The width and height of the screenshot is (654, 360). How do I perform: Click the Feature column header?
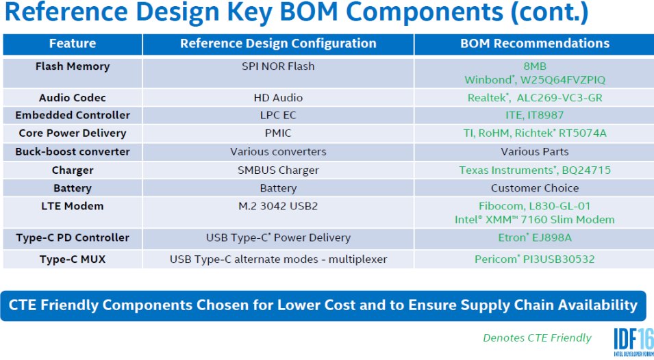pos(73,43)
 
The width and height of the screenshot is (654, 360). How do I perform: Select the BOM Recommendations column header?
pos(535,43)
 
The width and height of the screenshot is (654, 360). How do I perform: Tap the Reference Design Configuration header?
pos(278,43)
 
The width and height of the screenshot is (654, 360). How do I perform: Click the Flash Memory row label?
pos(73,66)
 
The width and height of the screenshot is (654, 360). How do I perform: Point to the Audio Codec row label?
pos(73,97)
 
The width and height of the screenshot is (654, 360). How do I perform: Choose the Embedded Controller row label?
pos(73,115)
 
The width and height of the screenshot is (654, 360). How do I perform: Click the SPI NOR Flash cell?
pos(278,66)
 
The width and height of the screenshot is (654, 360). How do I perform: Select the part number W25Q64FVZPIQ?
pos(563,79)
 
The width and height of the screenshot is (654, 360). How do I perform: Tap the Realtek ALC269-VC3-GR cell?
pos(535,97)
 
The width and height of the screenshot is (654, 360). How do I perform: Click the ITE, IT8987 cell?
pos(535,115)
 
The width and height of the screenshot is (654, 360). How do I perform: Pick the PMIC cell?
pos(278,133)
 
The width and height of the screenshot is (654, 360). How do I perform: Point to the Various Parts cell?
pos(535,152)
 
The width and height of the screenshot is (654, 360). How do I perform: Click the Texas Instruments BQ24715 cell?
pos(535,170)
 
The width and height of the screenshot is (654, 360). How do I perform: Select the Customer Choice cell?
pos(535,188)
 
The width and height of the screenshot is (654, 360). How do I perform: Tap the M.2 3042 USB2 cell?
pos(278,206)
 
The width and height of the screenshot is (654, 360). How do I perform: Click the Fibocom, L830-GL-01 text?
pos(535,206)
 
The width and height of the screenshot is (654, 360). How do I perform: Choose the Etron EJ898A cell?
pos(535,237)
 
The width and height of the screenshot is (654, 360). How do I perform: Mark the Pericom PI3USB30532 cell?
pos(535,259)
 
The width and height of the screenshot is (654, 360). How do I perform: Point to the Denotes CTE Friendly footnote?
pos(537,338)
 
